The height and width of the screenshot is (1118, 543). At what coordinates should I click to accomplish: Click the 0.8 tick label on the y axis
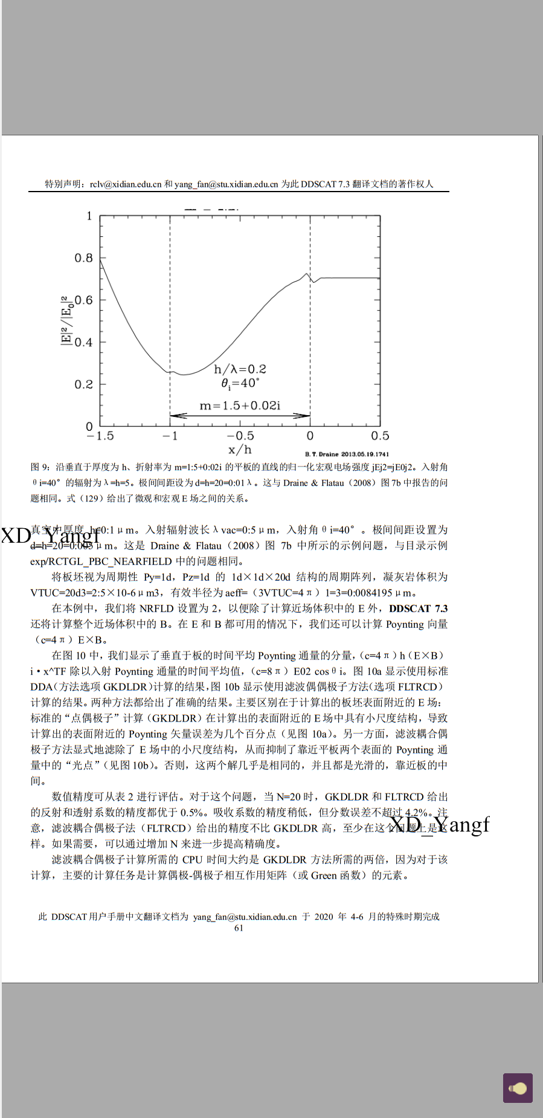pos(83,258)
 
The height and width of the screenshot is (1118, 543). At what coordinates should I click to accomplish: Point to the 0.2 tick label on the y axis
pos(83,384)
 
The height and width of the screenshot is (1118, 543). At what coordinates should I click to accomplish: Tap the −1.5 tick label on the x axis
pos(100,436)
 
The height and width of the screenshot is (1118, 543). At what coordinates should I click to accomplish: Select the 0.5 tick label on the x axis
pos(380,436)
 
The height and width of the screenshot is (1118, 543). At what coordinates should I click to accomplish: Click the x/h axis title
pos(240,450)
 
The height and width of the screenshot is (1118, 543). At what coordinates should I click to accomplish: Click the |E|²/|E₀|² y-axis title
pos(66,320)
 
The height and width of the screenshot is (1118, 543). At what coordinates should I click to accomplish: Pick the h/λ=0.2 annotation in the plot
pos(240,369)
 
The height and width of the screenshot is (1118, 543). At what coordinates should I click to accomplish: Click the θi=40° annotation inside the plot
pos(240,383)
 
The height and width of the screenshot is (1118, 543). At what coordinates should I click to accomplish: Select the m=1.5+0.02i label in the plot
pos(240,406)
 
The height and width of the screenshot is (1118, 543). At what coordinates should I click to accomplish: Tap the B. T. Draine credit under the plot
pos(347,454)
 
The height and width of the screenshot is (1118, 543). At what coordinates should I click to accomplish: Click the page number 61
pos(239,928)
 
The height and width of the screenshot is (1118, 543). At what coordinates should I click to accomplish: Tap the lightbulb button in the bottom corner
pos(518,1088)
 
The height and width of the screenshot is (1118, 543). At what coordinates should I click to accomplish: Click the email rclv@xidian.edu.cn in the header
pos(126,184)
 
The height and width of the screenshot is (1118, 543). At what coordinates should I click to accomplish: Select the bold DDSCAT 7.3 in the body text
pos(418,609)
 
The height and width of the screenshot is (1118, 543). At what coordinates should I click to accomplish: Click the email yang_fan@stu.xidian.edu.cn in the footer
pos(245,917)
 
